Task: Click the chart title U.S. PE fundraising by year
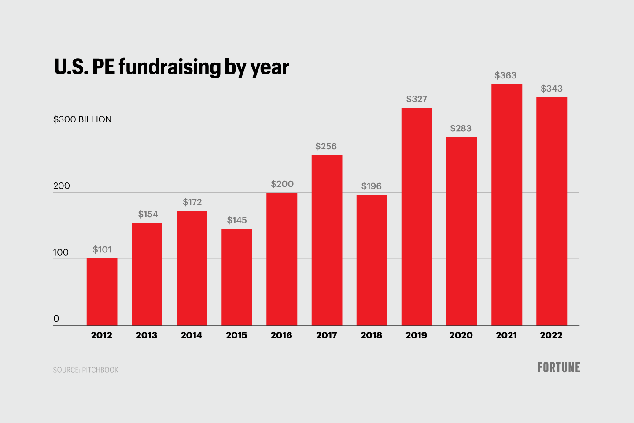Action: coord(171,67)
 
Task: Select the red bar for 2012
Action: coord(102,292)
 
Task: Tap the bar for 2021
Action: coord(507,204)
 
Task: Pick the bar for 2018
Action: coord(372,260)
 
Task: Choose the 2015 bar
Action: coord(237,277)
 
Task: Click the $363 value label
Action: coord(505,75)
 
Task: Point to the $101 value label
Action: coord(102,250)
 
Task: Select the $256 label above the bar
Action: coord(326,146)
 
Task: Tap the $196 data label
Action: coord(371,186)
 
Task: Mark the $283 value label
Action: coord(461,128)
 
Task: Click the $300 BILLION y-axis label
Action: coord(82,119)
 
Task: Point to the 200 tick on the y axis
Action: coord(62,186)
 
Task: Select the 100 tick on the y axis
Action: coord(61,252)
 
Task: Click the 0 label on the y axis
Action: coord(56,319)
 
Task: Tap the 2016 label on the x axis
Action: coord(281,335)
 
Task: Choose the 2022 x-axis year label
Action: coord(551,335)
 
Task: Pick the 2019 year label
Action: coord(416,335)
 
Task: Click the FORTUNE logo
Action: coord(559,367)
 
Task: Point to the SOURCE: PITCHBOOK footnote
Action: coord(86,370)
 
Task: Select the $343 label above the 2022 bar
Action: coord(552,89)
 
